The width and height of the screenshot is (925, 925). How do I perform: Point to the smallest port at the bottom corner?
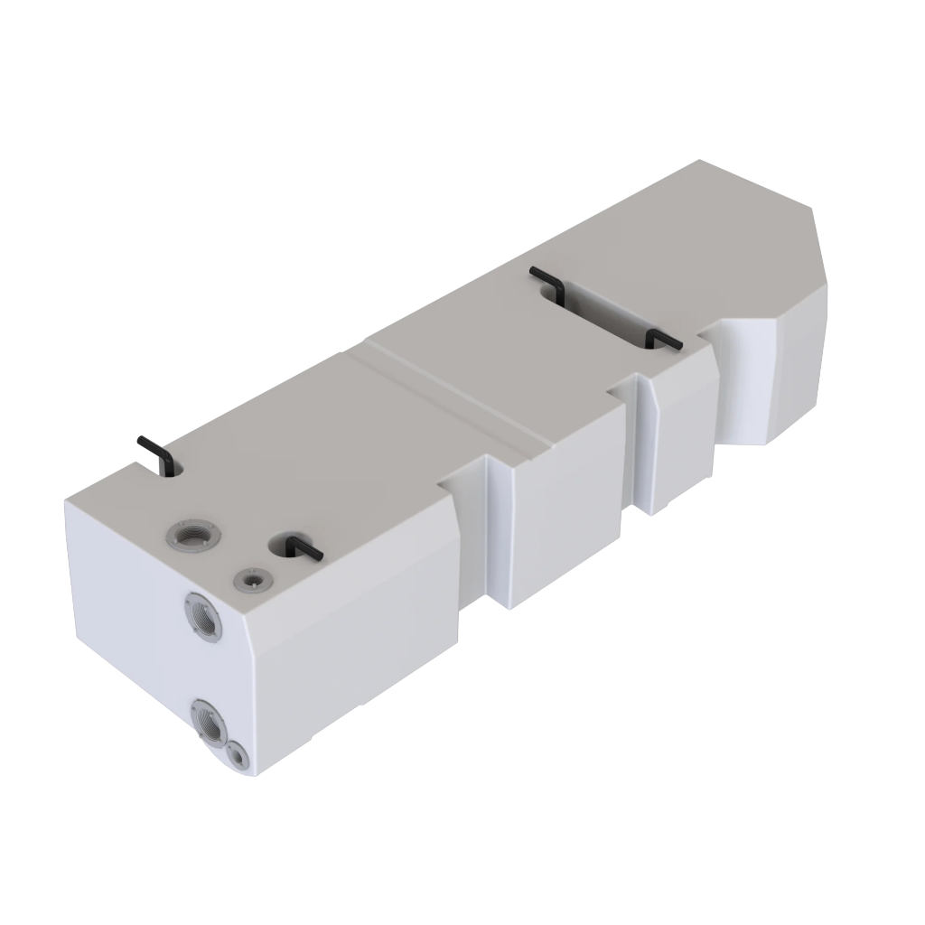pyautogui.click(x=238, y=755)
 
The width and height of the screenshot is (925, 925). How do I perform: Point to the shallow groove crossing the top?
pyautogui.click(x=452, y=397)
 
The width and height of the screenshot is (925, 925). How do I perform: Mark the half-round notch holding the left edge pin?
pyautogui.click(x=172, y=466)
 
